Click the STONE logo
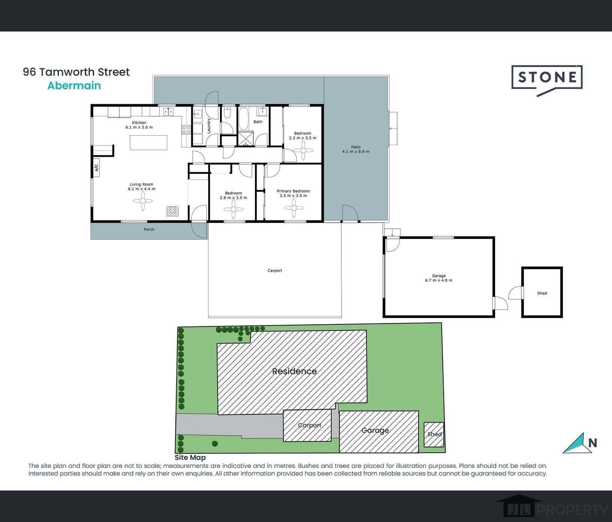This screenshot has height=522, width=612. [x=547, y=80]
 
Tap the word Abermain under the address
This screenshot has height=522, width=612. [x=74, y=85]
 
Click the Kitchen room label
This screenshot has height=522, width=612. [x=139, y=123]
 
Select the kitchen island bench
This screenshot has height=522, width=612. [x=148, y=142]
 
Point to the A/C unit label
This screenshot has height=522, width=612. [x=96, y=168]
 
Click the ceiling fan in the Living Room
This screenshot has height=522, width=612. [x=143, y=201]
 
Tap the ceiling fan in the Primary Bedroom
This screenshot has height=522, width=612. [x=294, y=208]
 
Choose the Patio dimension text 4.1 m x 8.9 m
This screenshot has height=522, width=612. [x=356, y=151]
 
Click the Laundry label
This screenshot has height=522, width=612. [x=209, y=126]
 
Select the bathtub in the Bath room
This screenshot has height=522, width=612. [x=244, y=118]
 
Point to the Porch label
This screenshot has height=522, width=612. [x=149, y=229]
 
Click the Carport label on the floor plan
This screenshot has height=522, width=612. [x=275, y=270]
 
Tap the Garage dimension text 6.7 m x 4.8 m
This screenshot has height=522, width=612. [x=439, y=280]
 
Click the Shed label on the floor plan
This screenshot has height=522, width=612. [x=542, y=293]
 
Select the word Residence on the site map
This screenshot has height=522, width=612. [x=294, y=371]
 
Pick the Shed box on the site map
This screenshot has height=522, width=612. [x=434, y=434]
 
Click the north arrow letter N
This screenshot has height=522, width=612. [x=592, y=443]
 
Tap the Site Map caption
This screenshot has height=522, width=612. [x=190, y=457]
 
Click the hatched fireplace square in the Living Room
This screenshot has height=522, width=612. [x=172, y=211]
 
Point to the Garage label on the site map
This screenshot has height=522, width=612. [x=375, y=430]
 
